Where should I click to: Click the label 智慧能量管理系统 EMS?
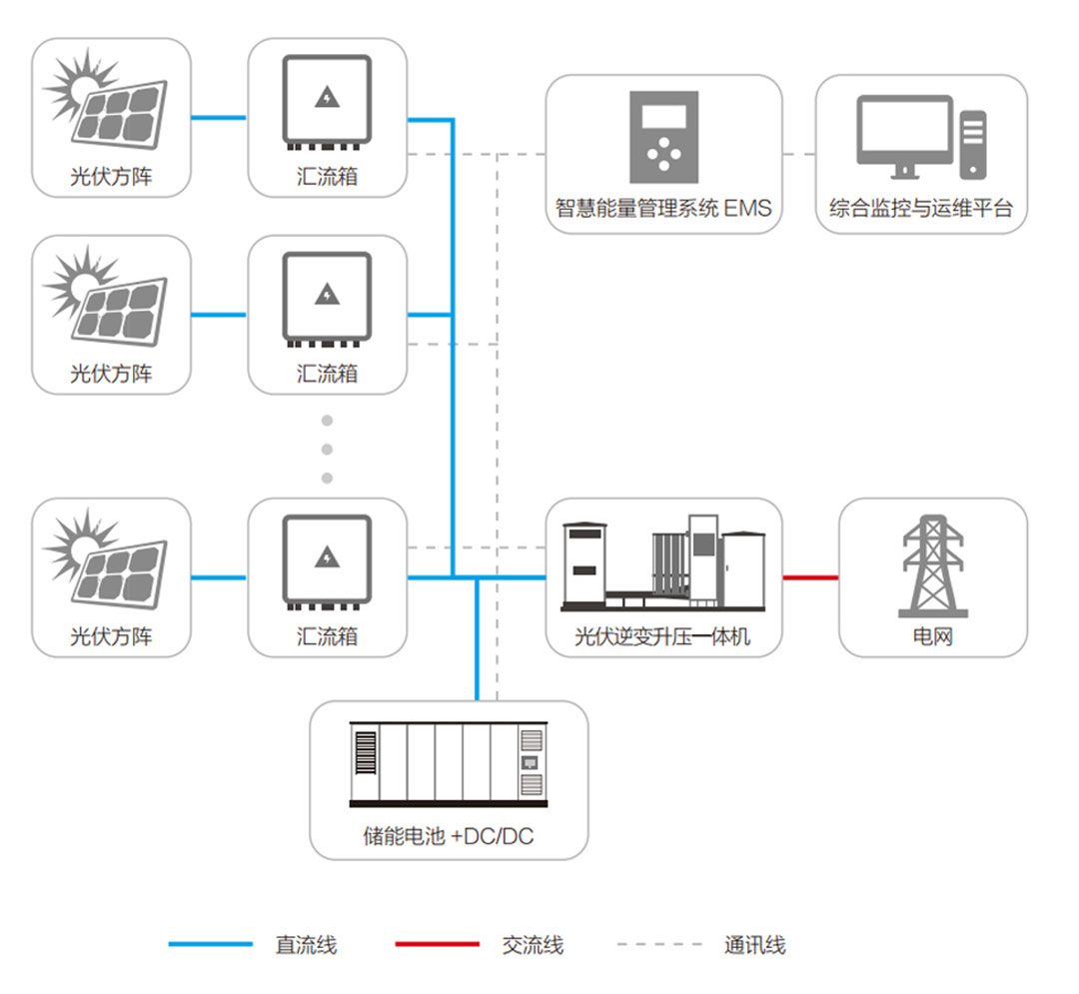point(663,209)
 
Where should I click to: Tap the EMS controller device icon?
point(663,136)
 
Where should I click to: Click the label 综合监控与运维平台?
point(921,209)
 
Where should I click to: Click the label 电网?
point(932,636)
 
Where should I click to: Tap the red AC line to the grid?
point(810,577)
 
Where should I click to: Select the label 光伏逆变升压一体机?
point(663,636)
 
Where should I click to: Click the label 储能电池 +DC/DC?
point(449,836)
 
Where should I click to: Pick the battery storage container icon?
point(449,764)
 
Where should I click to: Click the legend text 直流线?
point(306,944)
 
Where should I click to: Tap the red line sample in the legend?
point(437,944)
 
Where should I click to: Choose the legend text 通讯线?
point(754,944)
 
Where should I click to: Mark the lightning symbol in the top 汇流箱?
point(327,97)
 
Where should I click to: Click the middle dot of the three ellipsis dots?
point(327,449)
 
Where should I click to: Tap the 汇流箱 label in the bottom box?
point(327,636)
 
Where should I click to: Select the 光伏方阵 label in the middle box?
point(111,374)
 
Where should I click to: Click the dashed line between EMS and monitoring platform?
point(798,154)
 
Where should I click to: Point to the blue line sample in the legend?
point(210,944)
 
